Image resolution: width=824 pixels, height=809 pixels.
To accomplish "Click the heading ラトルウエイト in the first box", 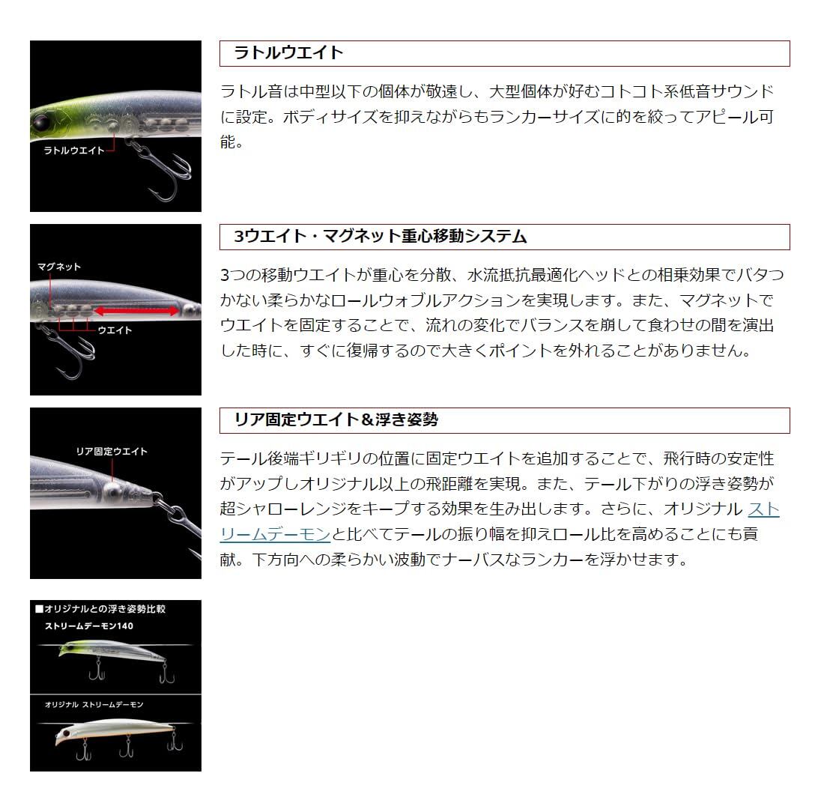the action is pos(288,52).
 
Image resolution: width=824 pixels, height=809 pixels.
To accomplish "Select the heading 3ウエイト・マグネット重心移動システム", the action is pos(381,237).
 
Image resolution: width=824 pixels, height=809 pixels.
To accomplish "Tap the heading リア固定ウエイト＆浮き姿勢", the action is pos(336,420).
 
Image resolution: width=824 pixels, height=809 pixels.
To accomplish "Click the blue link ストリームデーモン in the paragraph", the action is pos(763,509).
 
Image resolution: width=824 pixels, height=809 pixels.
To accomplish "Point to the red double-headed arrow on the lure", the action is pos(139,310).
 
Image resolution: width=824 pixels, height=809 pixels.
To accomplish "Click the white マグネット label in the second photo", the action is pos(58,267).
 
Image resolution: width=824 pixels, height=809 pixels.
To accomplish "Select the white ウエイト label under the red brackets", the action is pos(115,330).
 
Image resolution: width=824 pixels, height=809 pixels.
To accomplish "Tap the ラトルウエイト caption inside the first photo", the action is pos(74,151).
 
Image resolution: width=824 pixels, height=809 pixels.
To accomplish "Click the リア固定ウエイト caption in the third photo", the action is pos(112,452).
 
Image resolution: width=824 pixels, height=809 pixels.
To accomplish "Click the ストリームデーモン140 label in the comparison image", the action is pos(88,625).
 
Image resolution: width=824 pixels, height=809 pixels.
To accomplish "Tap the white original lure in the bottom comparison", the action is pos(112,730).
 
